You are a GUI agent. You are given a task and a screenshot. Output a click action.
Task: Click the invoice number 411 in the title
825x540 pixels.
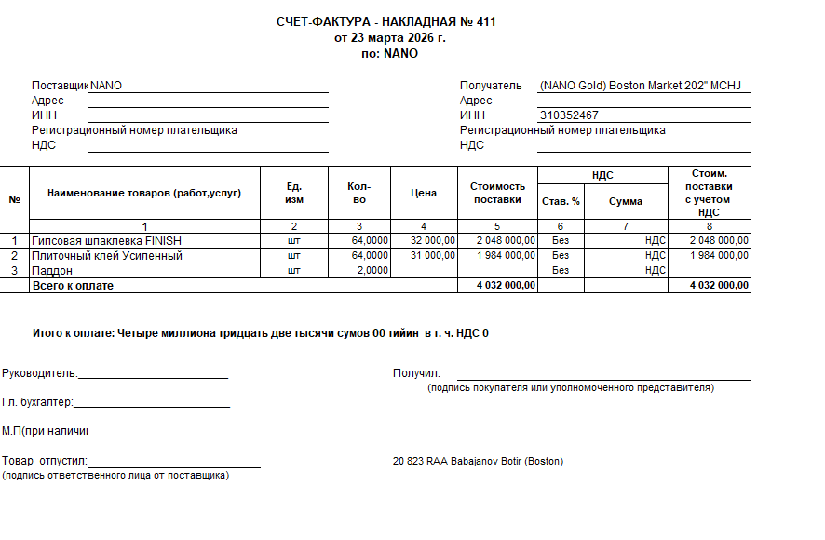point(485,21)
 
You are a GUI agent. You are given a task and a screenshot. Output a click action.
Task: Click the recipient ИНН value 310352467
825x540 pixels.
point(569,115)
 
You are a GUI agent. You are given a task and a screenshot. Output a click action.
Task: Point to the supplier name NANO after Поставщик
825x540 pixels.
point(106,86)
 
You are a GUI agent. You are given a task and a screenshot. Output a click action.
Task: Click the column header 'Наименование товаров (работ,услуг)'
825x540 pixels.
point(144,193)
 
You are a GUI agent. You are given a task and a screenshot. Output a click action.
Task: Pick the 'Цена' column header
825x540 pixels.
point(424,193)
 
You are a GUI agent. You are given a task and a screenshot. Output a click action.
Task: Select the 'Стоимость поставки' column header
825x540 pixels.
point(497,193)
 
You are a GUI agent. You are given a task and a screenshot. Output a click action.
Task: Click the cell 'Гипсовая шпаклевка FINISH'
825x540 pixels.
point(107,240)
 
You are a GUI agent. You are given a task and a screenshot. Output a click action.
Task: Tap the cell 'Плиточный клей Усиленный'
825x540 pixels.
point(107,255)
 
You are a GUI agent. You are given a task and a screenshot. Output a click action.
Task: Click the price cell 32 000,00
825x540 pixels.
point(432,240)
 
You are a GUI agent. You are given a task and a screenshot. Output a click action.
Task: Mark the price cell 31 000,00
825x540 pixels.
point(432,255)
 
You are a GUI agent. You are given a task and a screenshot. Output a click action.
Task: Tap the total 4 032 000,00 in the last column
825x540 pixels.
point(719,286)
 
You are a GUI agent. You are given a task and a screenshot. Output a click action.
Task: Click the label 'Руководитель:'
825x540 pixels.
point(40,373)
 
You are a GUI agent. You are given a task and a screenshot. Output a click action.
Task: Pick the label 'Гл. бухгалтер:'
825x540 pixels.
point(37,402)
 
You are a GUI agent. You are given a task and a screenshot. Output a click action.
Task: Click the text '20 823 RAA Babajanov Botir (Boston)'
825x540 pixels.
point(479,462)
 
